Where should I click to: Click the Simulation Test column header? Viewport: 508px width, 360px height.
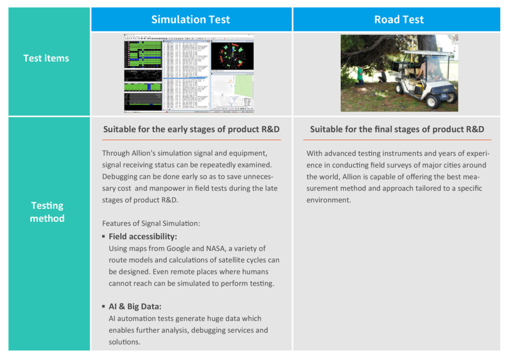coord(190,20)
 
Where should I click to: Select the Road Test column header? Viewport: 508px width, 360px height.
coord(399,20)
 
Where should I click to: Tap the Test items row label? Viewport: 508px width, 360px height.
coord(46,58)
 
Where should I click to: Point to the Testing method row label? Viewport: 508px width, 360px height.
coord(47,212)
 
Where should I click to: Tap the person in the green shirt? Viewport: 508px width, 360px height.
coord(360,74)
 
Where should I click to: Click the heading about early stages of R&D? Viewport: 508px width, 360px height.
coord(191,129)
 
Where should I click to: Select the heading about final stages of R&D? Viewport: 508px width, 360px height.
coord(397,129)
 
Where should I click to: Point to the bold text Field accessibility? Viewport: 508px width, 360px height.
coord(143,237)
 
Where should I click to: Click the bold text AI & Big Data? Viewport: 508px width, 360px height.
coord(135,306)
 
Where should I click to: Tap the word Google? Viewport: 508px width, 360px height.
coord(179,248)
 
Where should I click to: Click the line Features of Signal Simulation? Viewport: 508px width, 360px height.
coord(151,223)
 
